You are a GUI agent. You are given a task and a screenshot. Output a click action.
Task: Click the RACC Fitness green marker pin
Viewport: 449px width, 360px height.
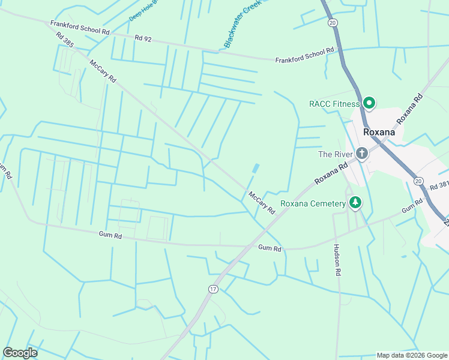[369, 103]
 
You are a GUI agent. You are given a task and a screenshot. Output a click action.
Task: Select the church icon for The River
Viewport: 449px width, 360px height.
[361, 154]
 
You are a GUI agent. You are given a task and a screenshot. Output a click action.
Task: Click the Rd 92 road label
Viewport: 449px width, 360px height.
[143, 38]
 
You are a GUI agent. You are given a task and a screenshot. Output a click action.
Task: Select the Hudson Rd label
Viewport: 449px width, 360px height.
[337, 260]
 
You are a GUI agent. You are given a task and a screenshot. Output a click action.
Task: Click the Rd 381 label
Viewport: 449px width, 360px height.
[439, 186]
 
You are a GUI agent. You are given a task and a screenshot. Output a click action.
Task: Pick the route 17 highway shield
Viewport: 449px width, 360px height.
[213, 289]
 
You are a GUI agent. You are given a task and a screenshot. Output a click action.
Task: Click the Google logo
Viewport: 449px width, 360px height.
[20, 352]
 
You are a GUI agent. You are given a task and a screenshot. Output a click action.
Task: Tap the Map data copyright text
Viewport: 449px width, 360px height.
[411, 355]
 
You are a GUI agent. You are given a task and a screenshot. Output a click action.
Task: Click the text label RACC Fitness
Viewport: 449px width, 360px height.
[334, 104]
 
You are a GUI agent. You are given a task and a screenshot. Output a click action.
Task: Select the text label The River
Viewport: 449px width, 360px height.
[333, 154]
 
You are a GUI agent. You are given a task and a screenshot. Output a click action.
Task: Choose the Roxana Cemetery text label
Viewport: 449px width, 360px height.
[313, 203]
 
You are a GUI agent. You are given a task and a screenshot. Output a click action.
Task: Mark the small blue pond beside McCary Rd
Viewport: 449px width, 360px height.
[256, 169]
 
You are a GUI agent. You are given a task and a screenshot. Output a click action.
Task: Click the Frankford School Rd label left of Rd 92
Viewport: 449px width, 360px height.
[80, 27]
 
